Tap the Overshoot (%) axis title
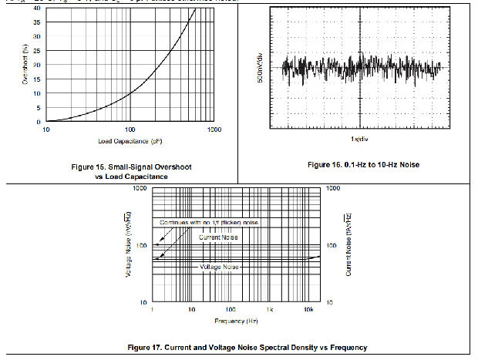(25, 66)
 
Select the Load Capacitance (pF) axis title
(130, 141)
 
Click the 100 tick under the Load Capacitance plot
(130, 129)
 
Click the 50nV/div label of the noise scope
(261, 69)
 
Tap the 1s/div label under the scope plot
(357, 139)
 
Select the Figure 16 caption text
(363, 165)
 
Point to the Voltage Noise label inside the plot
(220, 267)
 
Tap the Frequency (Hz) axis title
(237, 319)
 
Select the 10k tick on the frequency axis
(307, 308)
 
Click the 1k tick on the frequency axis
(271, 308)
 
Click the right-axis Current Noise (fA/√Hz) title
(348, 245)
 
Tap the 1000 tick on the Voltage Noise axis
(140, 188)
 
